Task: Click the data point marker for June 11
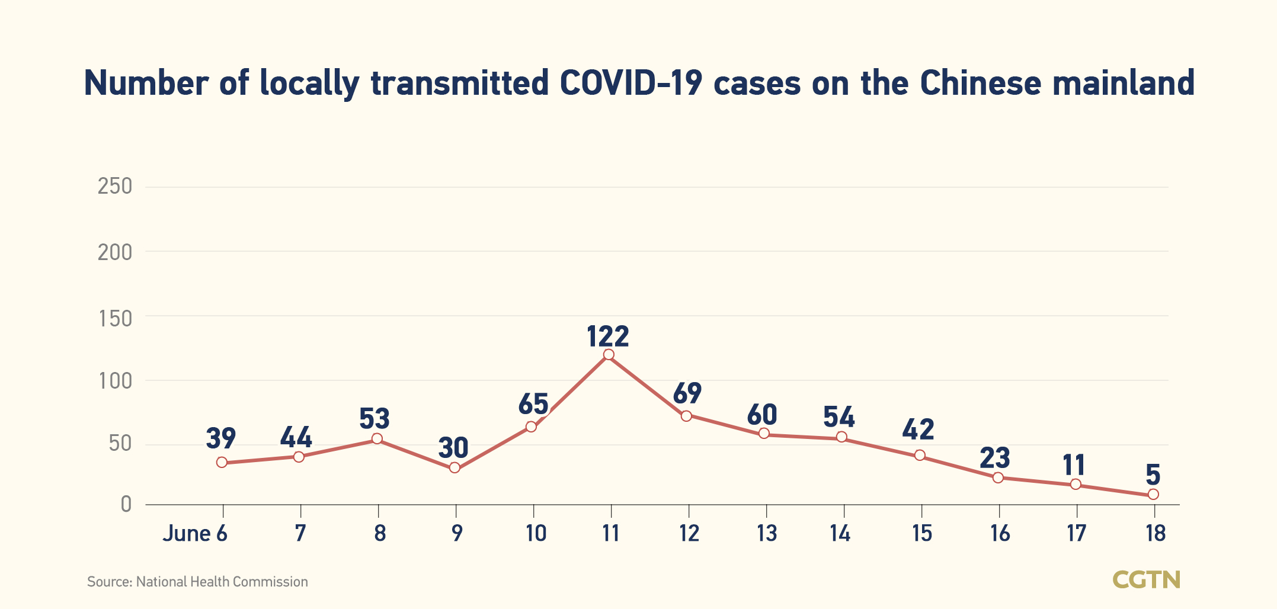click(x=609, y=355)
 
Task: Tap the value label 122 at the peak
click(x=608, y=336)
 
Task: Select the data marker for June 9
click(x=455, y=467)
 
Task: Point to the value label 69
click(x=687, y=393)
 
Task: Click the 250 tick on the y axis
click(x=115, y=187)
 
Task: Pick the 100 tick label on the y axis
click(x=116, y=380)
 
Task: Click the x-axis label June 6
click(x=195, y=534)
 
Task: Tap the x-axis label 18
click(x=1156, y=534)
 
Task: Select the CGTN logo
click(x=1146, y=580)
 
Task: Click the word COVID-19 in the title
click(x=631, y=83)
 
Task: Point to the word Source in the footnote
click(x=109, y=582)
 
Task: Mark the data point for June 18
click(x=1153, y=494)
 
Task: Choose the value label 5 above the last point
click(x=1153, y=475)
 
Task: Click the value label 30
click(x=453, y=448)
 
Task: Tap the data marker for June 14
click(x=841, y=437)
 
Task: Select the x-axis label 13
click(x=767, y=534)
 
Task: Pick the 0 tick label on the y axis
click(x=126, y=504)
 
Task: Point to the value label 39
click(x=221, y=438)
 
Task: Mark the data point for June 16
click(x=998, y=477)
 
